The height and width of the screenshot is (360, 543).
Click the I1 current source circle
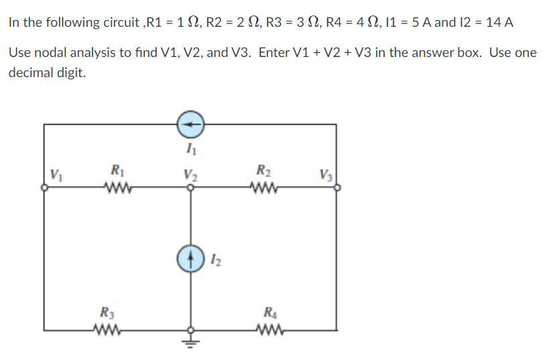(x=190, y=124)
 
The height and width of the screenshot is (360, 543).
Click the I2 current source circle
(x=190, y=259)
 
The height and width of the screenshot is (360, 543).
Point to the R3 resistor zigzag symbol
(x=106, y=330)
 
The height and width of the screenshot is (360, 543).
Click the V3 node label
(x=326, y=177)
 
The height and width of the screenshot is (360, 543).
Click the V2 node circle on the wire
(x=190, y=188)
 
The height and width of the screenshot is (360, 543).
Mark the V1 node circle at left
(x=45, y=188)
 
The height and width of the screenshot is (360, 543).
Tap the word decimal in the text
(x=32, y=72)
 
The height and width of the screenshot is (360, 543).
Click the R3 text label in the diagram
(x=106, y=311)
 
